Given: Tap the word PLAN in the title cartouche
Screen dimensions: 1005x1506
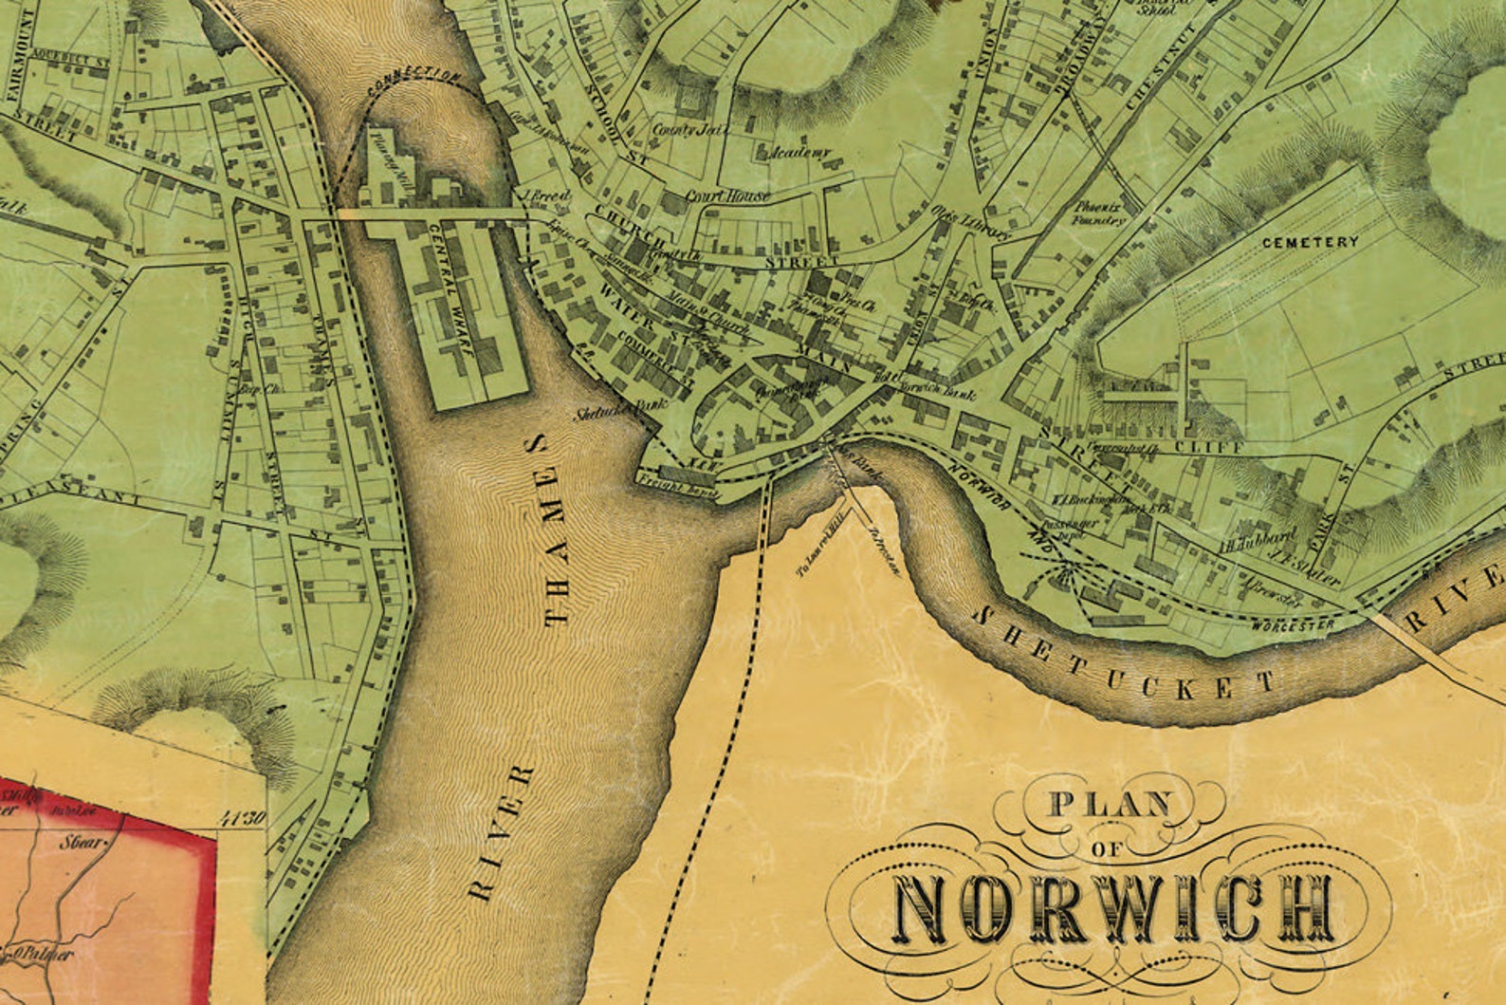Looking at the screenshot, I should pyautogui.click(x=1109, y=805).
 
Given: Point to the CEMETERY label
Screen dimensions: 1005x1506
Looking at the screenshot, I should pyautogui.click(x=1310, y=242).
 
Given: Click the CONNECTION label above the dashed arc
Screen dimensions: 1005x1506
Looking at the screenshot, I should pyautogui.click(x=414, y=82).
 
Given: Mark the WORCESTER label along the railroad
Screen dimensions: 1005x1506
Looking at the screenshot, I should pyautogui.click(x=1292, y=625).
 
